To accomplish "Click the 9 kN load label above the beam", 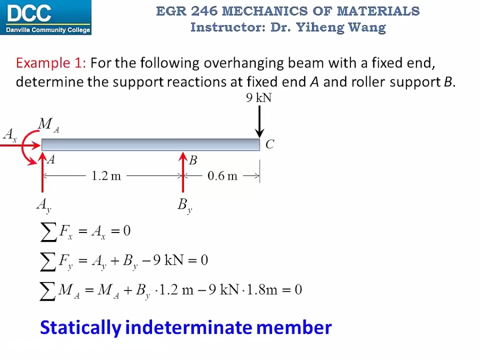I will [259, 98].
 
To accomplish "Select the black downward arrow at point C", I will [260, 122].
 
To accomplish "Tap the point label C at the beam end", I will [270, 144].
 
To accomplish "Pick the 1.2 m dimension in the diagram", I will [106, 176].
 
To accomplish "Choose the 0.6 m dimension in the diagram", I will [222, 176].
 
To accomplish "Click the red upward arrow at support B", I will [183, 173].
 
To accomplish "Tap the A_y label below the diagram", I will [44, 204].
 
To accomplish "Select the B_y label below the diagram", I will [185, 205].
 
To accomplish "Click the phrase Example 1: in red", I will [51, 63].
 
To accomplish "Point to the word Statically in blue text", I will [81, 327].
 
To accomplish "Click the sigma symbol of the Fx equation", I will [49, 231].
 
